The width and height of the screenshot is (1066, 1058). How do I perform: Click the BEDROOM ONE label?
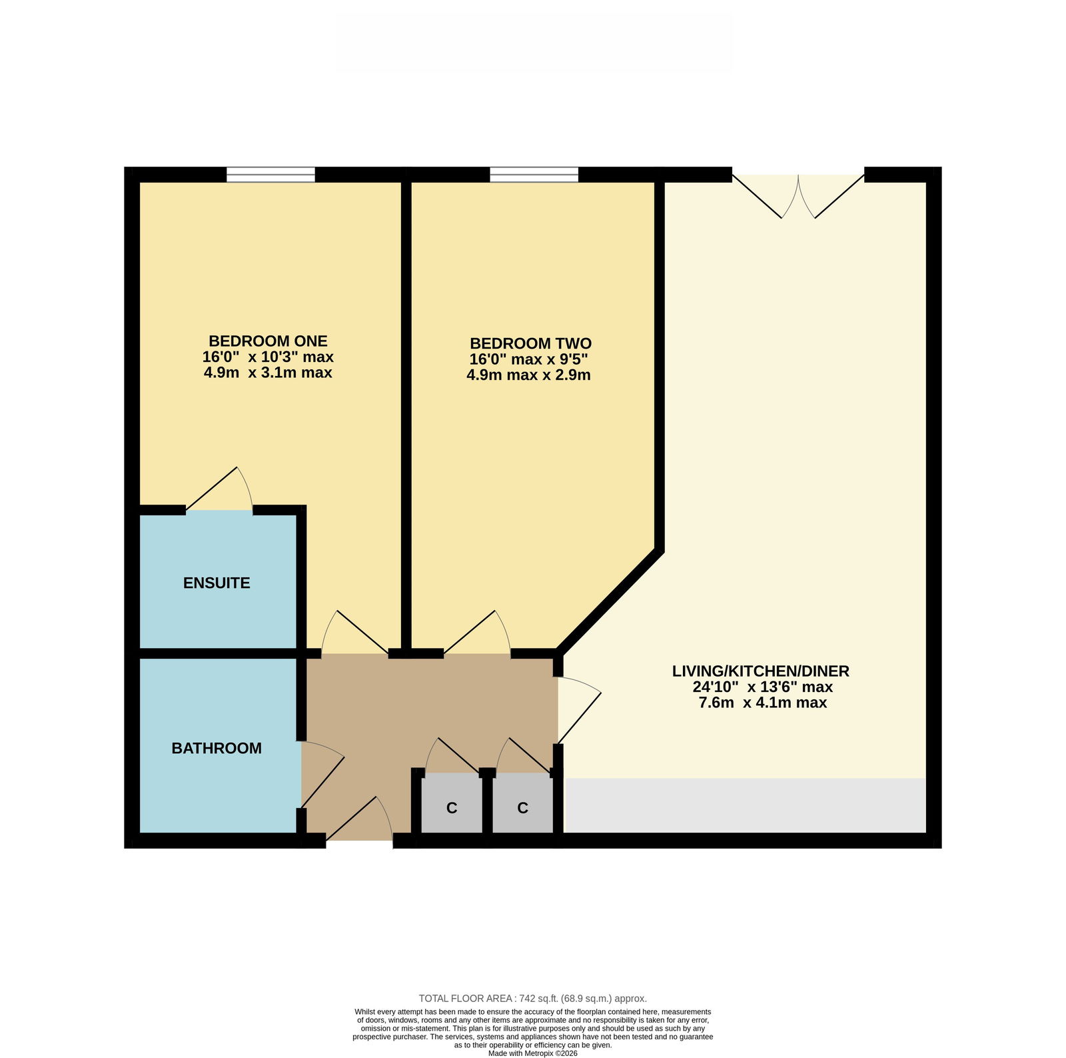click(268, 341)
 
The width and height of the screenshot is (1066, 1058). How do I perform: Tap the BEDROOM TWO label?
click(530, 343)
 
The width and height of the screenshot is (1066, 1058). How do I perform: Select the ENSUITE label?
click(217, 583)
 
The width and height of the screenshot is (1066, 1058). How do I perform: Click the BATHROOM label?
click(217, 748)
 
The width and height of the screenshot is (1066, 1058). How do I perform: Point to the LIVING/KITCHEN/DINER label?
click(761, 671)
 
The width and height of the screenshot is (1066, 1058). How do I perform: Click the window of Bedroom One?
click(270, 175)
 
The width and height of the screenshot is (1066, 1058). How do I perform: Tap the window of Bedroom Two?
click(534, 175)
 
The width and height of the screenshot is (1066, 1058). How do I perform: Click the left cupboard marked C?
click(452, 803)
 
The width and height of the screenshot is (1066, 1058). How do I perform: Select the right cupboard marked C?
click(523, 803)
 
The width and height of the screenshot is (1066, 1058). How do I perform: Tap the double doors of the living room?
click(798, 197)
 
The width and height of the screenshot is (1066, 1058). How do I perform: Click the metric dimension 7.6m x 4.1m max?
click(762, 702)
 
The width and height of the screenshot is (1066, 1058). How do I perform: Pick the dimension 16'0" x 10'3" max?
click(268, 357)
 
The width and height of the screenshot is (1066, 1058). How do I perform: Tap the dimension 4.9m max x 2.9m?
click(528, 375)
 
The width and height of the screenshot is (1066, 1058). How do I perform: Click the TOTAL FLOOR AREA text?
click(533, 998)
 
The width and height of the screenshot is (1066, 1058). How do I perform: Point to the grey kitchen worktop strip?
click(745, 805)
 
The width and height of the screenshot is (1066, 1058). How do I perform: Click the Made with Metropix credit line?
click(533, 1053)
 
